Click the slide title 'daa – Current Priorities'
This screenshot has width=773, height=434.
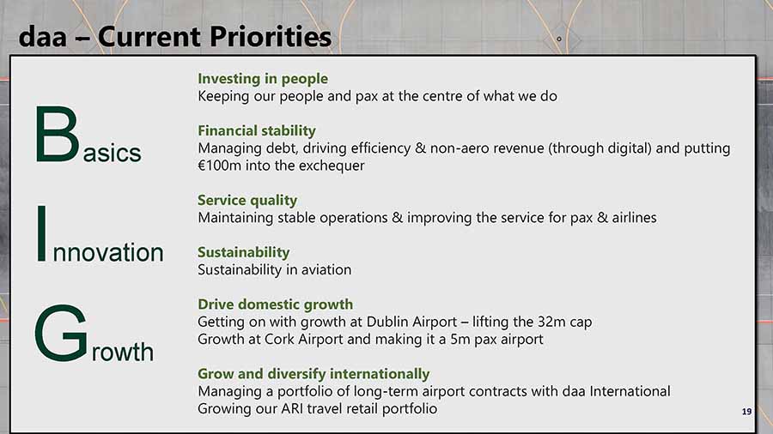click(x=175, y=36)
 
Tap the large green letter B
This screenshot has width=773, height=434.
click(x=58, y=135)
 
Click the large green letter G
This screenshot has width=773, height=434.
click(x=61, y=333)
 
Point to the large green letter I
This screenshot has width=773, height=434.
click(x=42, y=234)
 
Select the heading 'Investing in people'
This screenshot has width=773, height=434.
click(x=263, y=79)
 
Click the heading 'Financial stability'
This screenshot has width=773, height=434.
click(x=256, y=131)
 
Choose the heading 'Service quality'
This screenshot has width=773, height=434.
click(x=247, y=200)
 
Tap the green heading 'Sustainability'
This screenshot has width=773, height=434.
click(x=244, y=252)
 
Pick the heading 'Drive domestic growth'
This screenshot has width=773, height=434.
click(x=275, y=304)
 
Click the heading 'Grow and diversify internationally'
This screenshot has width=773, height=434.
click(x=313, y=374)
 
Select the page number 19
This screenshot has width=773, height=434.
click(x=747, y=412)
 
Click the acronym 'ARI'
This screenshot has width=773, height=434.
click(x=295, y=409)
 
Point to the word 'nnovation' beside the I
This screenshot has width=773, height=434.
click(x=108, y=252)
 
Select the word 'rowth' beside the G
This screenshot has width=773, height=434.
click(x=123, y=352)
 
